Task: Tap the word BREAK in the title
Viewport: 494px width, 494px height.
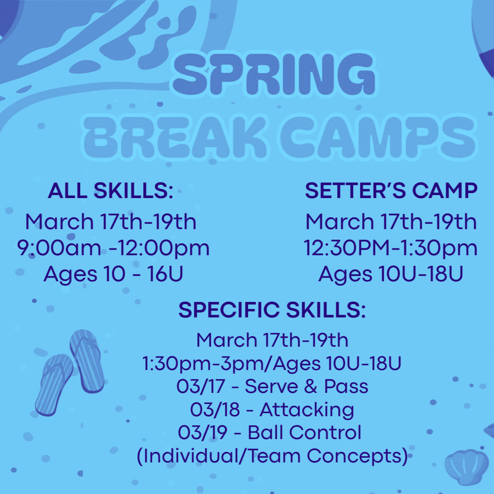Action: click(175, 137)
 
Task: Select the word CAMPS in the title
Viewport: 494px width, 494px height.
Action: click(378, 137)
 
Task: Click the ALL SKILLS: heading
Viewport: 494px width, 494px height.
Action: click(111, 191)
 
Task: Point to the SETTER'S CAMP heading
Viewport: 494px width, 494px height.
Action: click(391, 191)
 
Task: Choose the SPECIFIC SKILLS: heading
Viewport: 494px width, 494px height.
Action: click(272, 310)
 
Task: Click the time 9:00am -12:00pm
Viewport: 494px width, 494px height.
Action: click(113, 248)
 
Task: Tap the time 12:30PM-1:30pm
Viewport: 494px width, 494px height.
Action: click(391, 248)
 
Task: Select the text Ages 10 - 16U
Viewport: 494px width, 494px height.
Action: click(113, 274)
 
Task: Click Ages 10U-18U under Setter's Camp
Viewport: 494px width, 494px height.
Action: click(391, 274)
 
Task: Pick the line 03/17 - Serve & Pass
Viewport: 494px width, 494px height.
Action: click(273, 386)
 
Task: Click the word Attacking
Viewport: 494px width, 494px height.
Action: click(307, 410)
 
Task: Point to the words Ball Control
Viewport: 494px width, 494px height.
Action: click(304, 432)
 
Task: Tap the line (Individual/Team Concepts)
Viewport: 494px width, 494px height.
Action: click(273, 456)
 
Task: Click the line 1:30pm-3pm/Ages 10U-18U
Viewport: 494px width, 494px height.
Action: click(272, 364)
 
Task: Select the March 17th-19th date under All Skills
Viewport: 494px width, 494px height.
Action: click(111, 222)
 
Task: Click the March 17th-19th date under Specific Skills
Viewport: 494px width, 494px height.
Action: click(272, 340)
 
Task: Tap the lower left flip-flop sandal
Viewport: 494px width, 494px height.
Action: click(54, 385)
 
